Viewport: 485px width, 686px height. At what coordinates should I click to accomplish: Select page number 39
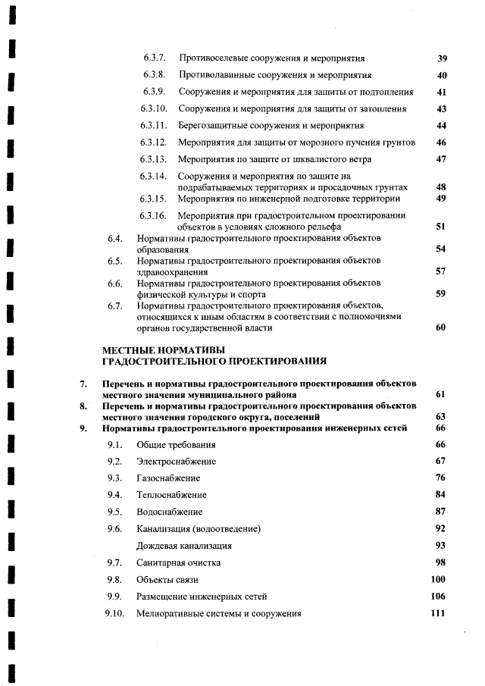[443, 58]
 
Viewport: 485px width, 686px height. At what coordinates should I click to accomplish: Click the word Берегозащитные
[213, 126]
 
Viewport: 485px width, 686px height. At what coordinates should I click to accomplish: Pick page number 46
[442, 143]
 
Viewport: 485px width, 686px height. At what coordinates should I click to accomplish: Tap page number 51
[441, 226]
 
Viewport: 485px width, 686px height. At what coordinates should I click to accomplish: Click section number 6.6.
[115, 284]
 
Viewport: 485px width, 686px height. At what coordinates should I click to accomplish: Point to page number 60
[441, 327]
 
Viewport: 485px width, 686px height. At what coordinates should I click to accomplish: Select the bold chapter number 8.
[85, 406]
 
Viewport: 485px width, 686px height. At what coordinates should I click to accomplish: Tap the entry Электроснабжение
[176, 461]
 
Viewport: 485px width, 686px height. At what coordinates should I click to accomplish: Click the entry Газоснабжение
[168, 478]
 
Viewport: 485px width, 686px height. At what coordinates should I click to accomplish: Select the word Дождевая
[157, 545]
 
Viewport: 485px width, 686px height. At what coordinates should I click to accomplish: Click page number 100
[438, 579]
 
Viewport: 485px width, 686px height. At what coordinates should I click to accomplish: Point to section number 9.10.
[114, 613]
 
